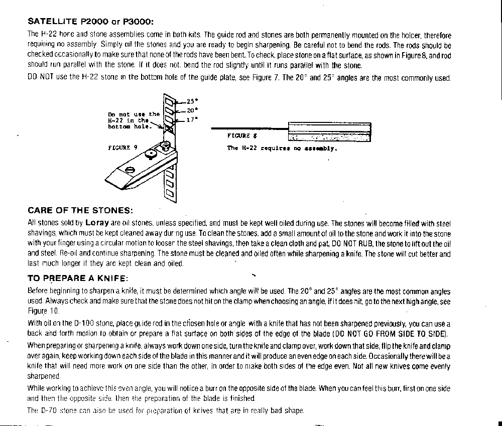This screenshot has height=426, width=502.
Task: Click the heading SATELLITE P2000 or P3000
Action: pos(90,22)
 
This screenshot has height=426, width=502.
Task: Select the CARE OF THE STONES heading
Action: pos(80,210)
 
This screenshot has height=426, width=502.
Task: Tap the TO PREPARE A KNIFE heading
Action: pos(78,278)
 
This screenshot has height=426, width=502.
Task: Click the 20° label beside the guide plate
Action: pos(192,110)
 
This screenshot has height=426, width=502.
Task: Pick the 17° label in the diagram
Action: pos(192,119)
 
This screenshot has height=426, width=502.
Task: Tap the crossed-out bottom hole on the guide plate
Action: pos(169,129)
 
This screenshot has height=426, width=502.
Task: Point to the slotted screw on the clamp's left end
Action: pos(130,169)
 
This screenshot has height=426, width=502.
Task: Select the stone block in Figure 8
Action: pos(329,132)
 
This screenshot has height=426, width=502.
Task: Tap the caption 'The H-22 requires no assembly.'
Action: pos(282,149)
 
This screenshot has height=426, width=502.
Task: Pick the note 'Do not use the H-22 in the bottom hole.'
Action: pos(133,120)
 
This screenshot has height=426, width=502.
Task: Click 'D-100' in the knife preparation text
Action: pos(83,324)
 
